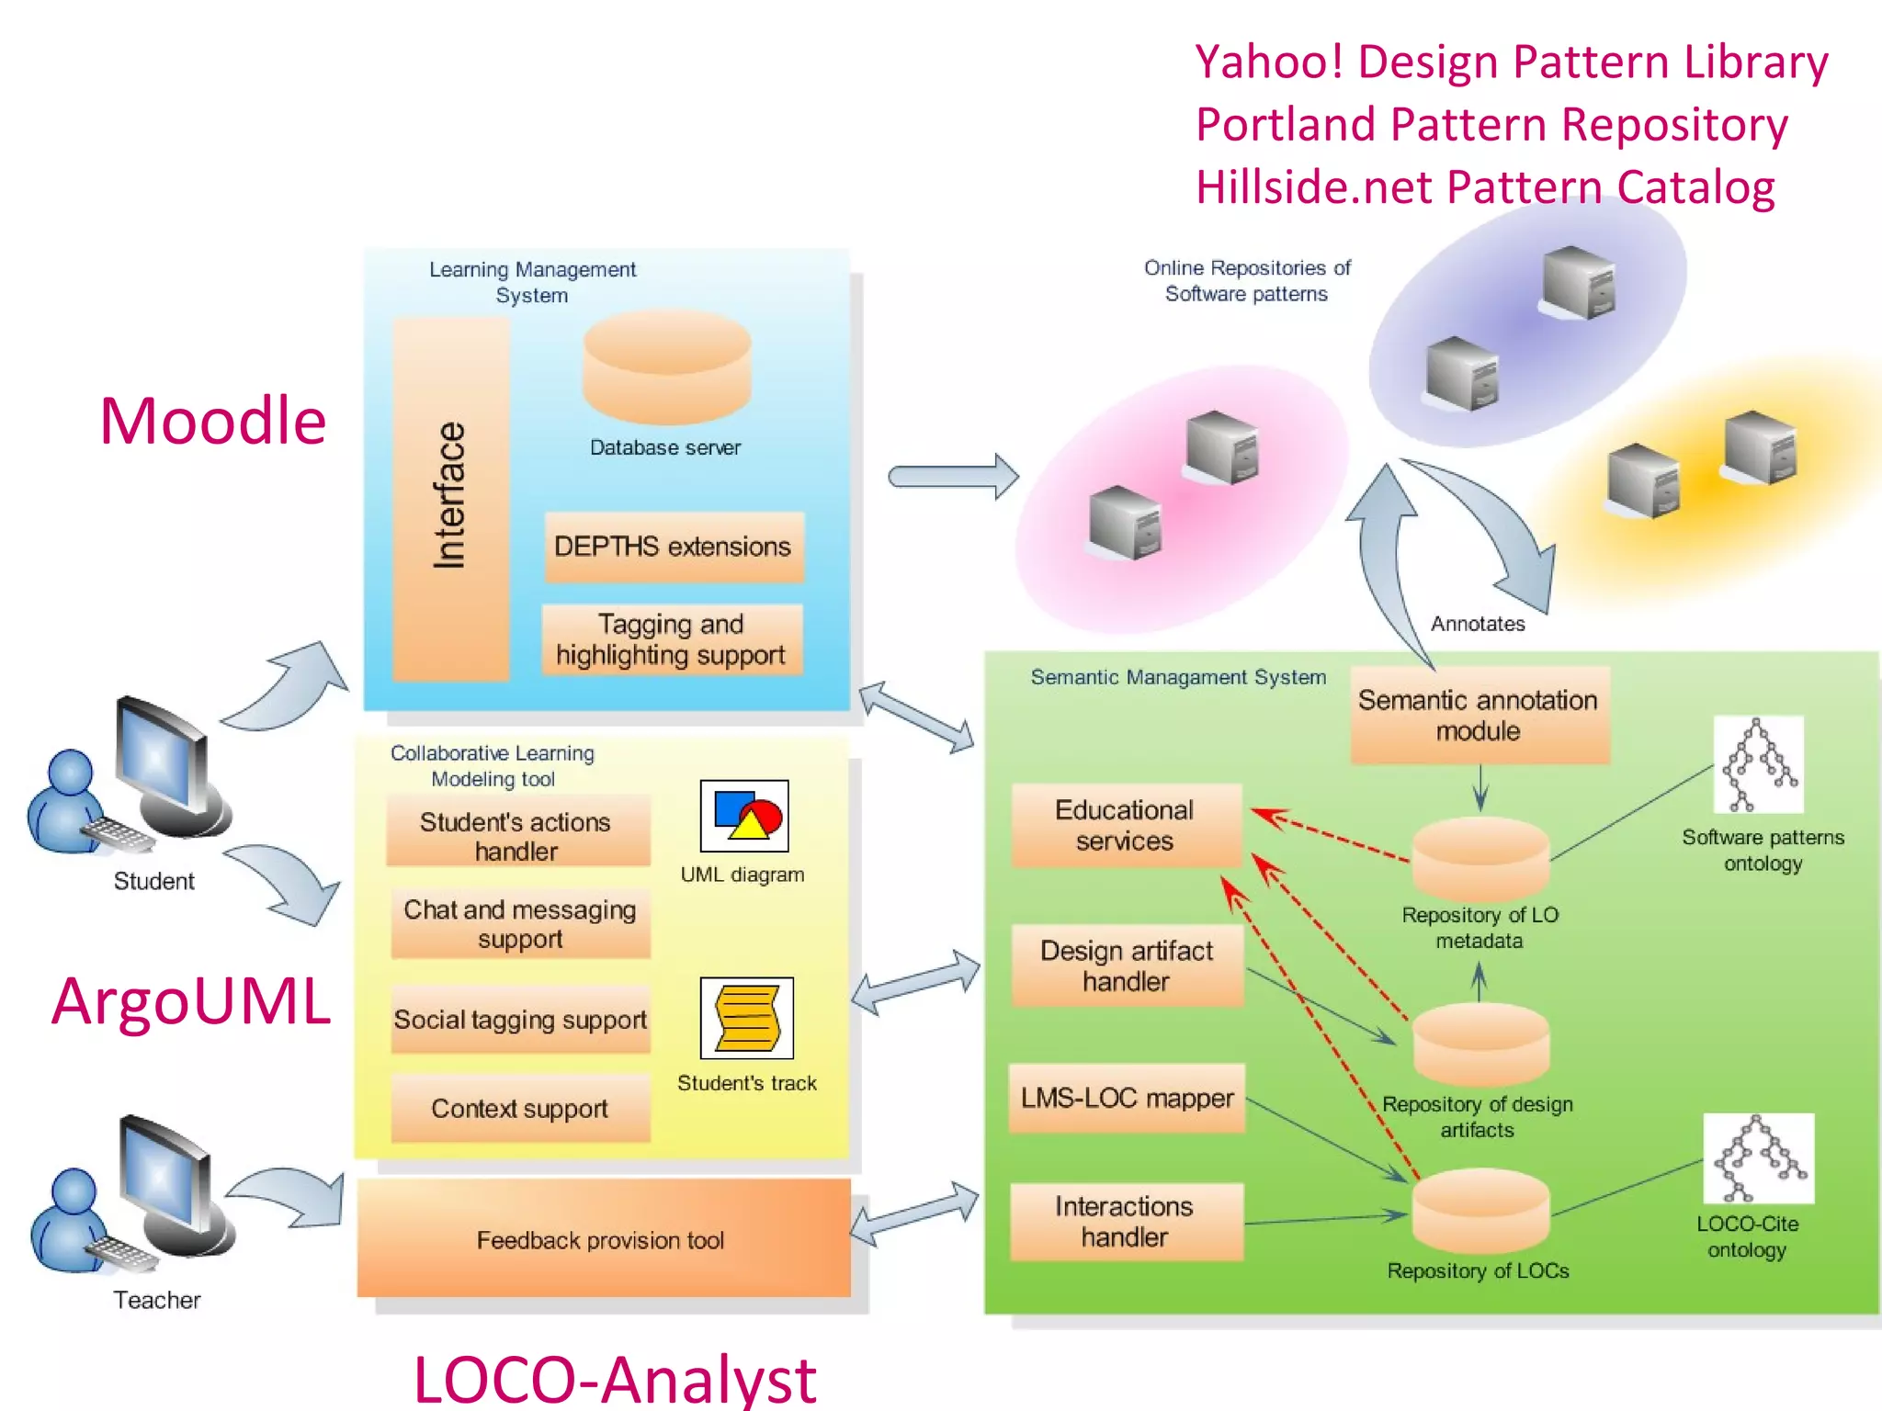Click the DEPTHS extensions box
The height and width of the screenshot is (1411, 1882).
[x=674, y=547]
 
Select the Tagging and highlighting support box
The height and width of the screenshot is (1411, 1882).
[x=672, y=639]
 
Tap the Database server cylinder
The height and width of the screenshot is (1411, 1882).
[x=667, y=367]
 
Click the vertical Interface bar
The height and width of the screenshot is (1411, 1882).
[x=450, y=499]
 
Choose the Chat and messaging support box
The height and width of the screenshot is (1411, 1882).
[x=520, y=923]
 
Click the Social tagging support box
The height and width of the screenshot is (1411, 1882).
[x=520, y=1019]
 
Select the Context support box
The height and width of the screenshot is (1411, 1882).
[x=520, y=1108]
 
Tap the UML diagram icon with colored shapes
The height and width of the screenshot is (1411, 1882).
[x=744, y=816]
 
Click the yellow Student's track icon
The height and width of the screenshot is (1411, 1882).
[x=746, y=1018]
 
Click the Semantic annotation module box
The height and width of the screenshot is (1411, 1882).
[x=1479, y=715]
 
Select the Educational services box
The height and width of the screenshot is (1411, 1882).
[x=1125, y=825]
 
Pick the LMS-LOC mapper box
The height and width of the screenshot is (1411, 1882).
[x=1127, y=1098]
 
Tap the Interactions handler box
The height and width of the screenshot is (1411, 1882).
[x=1126, y=1221]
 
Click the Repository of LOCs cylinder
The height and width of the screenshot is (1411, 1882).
[x=1480, y=1211]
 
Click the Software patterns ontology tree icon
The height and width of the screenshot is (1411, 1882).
[x=1758, y=765]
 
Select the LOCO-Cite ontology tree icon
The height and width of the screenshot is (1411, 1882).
[x=1758, y=1158]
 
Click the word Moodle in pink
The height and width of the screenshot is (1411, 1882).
[x=212, y=421]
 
